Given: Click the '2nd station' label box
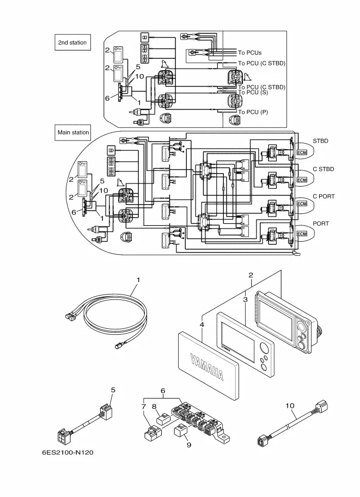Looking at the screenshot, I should tap(72, 43).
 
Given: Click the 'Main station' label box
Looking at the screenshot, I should tap(74, 132).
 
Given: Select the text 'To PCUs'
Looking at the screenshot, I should tap(249, 53).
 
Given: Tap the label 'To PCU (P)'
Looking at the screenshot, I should tap(253, 112).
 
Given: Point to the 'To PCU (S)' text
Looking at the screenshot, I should tap(253, 92).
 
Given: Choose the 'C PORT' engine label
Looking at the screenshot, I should tap(324, 196).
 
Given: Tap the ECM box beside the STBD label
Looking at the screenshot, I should tap(302, 152).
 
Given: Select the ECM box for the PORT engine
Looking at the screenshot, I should tap(302, 234).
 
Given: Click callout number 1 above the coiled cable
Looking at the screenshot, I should tap(138, 279).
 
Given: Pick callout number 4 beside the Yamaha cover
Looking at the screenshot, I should tap(202, 325).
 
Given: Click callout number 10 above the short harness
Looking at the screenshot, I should tap(290, 406).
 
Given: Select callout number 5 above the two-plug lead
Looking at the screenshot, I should tap(113, 390).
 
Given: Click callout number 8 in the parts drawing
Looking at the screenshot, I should tap(154, 406).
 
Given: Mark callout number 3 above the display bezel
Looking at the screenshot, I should tap(246, 299).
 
